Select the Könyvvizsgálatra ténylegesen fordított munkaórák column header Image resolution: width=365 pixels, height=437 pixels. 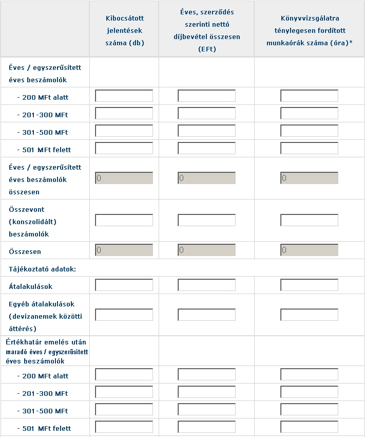[x=309, y=30]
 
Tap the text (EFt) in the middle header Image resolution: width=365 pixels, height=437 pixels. [x=206, y=49]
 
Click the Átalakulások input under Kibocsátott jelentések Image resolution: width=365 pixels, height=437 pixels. [x=124, y=285]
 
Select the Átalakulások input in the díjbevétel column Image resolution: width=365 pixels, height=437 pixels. [x=206, y=285]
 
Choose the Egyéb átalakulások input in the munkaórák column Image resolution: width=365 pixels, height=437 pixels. [x=309, y=315]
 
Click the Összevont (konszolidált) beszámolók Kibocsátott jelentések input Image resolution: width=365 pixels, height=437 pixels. [x=124, y=221]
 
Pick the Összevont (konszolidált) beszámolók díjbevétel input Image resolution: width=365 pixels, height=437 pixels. [x=206, y=221]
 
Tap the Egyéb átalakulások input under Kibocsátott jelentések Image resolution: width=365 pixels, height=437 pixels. [x=124, y=315]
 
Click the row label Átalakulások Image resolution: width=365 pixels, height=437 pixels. [x=31, y=286]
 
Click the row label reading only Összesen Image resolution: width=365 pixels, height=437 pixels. [x=25, y=252]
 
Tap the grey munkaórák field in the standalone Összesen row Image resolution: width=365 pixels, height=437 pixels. [x=309, y=250]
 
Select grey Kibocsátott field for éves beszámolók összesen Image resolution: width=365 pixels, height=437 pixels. [x=124, y=178]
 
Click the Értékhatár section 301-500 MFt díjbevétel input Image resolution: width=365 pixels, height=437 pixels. [x=206, y=410]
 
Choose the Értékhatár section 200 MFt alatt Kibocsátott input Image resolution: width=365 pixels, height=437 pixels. [x=124, y=375]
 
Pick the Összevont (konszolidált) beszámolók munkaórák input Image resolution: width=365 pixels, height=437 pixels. [x=309, y=221]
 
